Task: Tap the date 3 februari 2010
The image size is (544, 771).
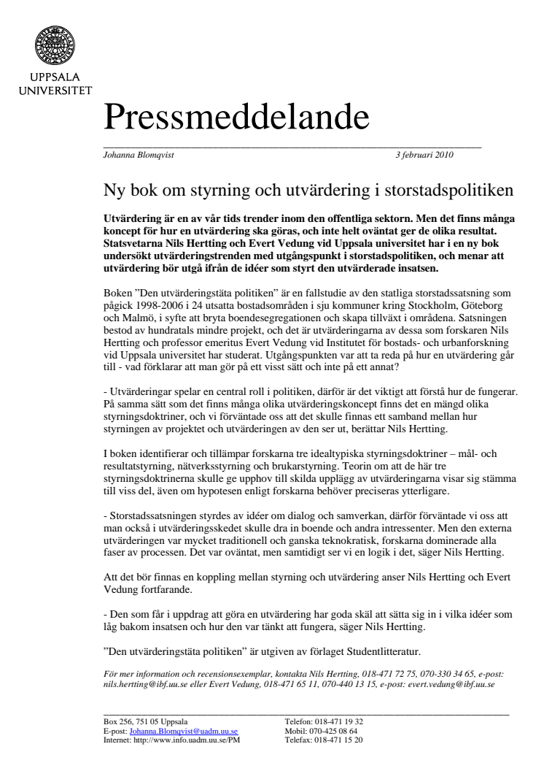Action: pos(424,155)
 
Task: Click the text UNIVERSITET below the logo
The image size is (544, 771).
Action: pos(50,91)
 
